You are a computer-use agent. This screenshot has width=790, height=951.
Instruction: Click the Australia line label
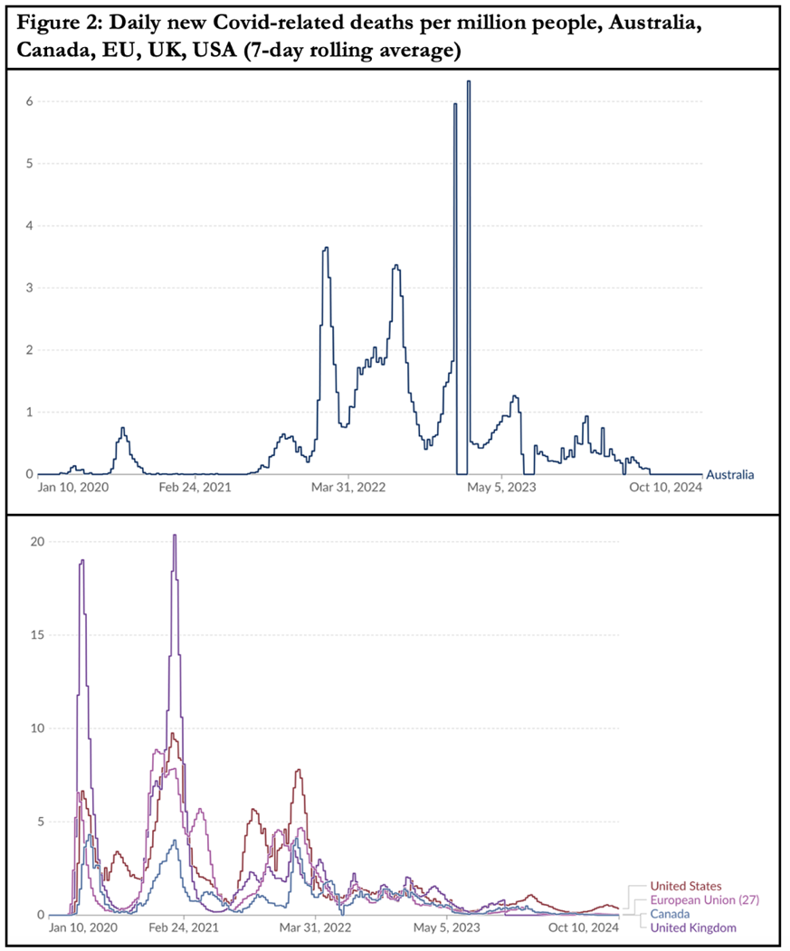(729, 474)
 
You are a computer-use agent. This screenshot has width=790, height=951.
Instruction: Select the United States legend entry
(686, 886)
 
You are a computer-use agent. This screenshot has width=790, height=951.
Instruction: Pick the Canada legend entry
(670, 914)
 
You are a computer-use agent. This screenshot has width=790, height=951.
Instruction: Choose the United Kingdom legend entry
(694, 927)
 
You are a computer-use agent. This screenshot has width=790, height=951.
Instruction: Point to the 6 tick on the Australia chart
(29, 101)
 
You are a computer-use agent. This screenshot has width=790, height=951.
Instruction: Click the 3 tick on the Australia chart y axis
(29, 288)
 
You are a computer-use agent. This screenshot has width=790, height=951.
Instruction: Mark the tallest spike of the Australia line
(468, 82)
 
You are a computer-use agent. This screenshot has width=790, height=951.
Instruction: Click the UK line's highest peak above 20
(175, 536)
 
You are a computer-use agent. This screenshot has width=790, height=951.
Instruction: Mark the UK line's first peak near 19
(82, 561)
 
